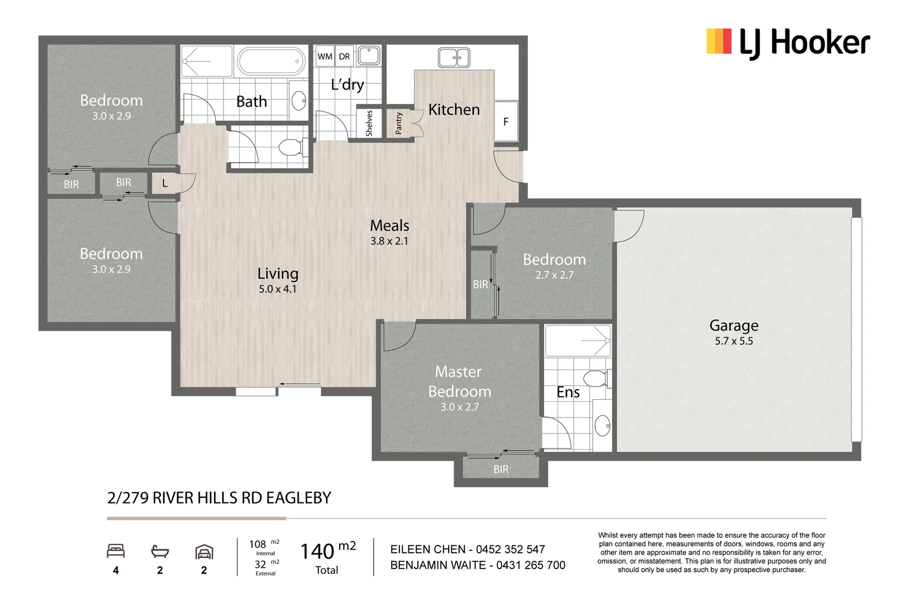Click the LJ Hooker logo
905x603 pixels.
click(788, 42)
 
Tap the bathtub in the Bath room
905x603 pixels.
click(271, 61)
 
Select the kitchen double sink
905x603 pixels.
click(454, 58)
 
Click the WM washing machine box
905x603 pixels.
click(325, 56)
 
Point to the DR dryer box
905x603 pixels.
click(344, 56)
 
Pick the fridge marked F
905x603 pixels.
click(506, 121)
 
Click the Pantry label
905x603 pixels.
click(399, 123)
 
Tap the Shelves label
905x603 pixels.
click(369, 123)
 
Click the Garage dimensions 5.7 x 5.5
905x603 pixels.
click(734, 341)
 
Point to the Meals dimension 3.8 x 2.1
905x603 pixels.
click(389, 241)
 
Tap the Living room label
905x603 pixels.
click(278, 274)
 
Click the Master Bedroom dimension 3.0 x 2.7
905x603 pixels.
click(460, 406)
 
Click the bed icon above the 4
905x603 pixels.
click(116, 551)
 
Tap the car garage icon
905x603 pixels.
click(204, 552)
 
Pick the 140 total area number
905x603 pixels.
click(317, 551)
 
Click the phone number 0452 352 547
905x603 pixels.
click(510, 549)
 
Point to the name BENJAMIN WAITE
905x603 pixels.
click(438, 565)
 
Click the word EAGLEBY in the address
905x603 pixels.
click(298, 498)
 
